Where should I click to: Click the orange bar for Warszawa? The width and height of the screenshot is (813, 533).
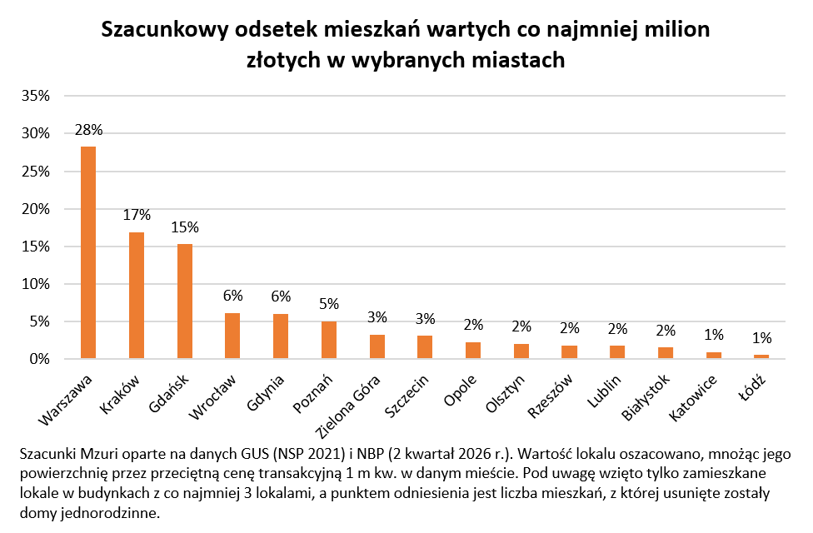click(x=88, y=252)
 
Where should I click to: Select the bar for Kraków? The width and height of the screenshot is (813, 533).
click(x=137, y=295)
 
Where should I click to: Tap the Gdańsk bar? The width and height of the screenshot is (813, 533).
click(x=185, y=301)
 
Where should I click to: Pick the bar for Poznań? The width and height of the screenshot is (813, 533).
click(x=329, y=340)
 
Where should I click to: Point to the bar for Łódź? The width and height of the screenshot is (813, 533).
click(x=761, y=356)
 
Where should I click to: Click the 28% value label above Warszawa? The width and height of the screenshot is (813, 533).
click(x=88, y=130)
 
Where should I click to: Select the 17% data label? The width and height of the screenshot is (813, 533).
click(x=137, y=215)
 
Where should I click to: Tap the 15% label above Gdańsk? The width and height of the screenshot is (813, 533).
click(x=185, y=227)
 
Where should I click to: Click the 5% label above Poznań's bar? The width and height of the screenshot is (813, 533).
click(x=329, y=303)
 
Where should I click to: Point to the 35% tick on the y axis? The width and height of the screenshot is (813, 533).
click(x=36, y=96)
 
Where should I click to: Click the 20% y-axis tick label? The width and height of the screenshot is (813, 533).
click(x=36, y=209)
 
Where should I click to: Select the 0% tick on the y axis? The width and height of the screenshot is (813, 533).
click(x=39, y=359)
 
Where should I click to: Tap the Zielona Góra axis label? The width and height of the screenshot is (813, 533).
click(x=348, y=407)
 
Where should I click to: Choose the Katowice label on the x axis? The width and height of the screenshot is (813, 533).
click(x=693, y=398)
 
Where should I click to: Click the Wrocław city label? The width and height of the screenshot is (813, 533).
click(x=212, y=396)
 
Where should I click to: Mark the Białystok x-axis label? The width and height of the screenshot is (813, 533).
click(x=646, y=398)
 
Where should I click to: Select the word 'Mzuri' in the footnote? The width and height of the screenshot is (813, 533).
click(x=97, y=454)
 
